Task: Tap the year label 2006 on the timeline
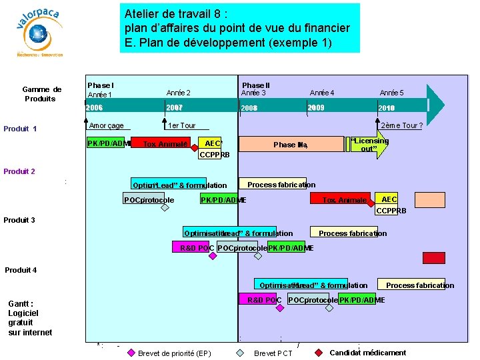[x=95, y=108]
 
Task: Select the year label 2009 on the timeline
[x=315, y=107]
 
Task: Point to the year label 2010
[x=386, y=108]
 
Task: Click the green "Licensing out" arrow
[x=369, y=145]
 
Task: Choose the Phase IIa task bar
[x=290, y=145]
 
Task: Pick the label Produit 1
[x=20, y=129]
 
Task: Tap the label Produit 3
[x=19, y=220]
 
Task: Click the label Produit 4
[x=21, y=270]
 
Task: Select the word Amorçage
[x=106, y=126]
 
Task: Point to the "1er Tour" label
[x=181, y=126]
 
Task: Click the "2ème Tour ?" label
[x=401, y=126]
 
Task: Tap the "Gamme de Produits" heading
[x=41, y=94]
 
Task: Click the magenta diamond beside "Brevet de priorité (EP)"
[x=131, y=353]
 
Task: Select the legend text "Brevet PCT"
[x=273, y=353]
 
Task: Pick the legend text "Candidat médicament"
[x=367, y=353]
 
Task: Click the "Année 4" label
[x=322, y=93]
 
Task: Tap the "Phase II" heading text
[x=256, y=85]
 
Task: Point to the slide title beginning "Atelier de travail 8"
[x=237, y=28]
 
